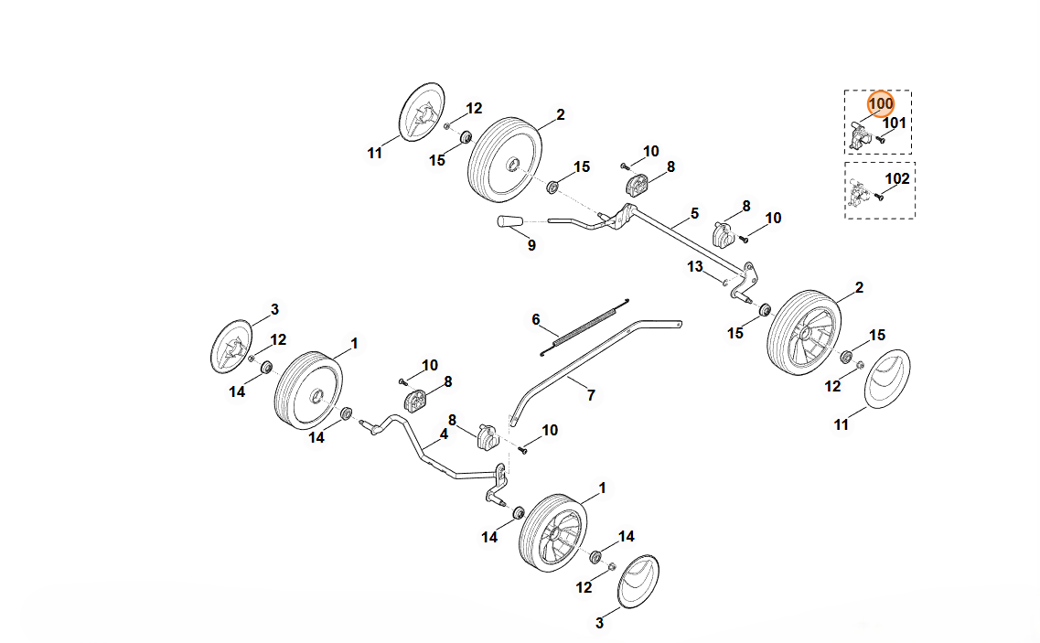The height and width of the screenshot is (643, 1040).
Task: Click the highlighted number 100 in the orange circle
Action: point(881,104)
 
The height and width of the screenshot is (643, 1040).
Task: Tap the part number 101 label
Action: point(894,123)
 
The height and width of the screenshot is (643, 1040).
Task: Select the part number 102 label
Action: point(897,179)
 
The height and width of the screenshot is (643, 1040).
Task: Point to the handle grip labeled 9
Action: point(509,221)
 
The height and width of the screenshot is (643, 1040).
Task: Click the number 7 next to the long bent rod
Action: point(591,395)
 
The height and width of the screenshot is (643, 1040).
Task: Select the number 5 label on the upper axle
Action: point(694,213)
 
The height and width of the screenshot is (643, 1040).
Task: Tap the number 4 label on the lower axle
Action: point(444,434)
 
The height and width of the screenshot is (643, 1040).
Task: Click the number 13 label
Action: point(695,266)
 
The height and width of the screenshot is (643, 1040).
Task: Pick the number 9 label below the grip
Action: point(531,245)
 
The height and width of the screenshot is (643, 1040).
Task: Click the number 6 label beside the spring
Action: point(537,319)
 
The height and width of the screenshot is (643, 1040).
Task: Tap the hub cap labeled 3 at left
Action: point(231,347)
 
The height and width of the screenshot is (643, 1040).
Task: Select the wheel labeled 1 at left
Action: point(308,390)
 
